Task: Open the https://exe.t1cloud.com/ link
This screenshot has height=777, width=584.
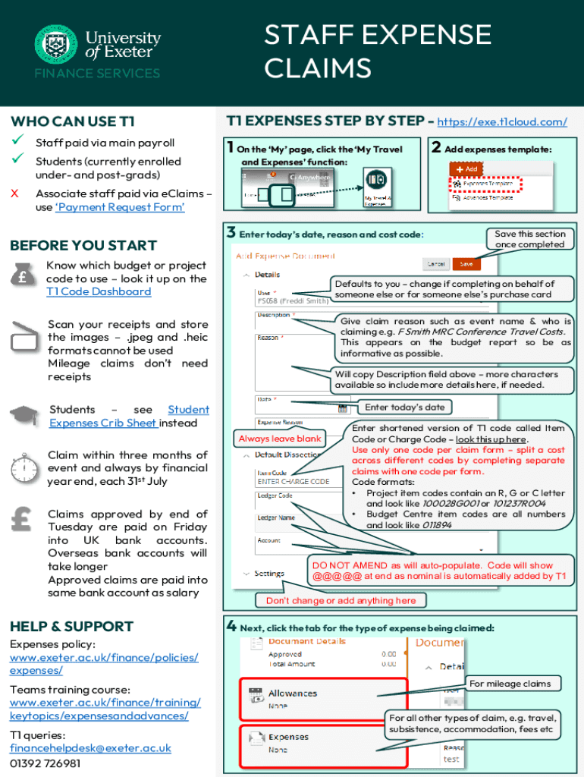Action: pos(503,121)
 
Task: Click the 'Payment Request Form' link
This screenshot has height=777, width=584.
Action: pos(120,207)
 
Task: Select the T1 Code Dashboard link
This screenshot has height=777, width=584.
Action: pos(99,291)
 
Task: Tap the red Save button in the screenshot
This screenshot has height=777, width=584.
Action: pos(466,263)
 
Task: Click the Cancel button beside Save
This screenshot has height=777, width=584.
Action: pos(435,263)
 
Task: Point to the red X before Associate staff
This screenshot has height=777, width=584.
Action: pos(14,193)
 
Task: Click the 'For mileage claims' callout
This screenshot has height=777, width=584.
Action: pos(510,684)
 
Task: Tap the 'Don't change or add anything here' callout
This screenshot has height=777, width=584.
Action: pos(341,601)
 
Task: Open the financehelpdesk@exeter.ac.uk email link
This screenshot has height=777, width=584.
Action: pos(90,748)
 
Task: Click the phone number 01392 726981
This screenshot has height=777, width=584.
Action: pos(45,763)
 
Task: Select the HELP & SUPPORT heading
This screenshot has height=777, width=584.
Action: pos(71,627)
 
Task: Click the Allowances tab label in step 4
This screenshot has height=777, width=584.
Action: pos(293,694)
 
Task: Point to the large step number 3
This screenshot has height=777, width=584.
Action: pos(231,233)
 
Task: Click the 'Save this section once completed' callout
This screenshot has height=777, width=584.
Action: pos(529,239)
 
